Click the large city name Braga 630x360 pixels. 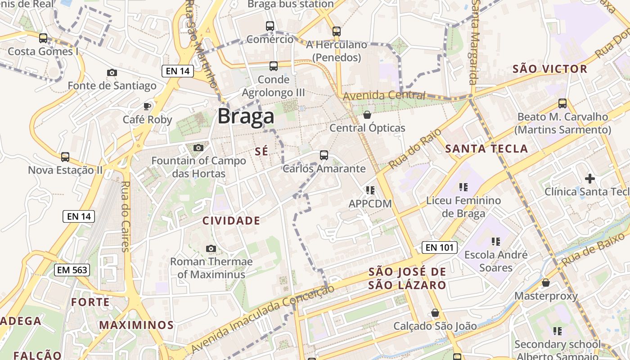pyautogui.click(x=246, y=117)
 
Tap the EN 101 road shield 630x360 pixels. pyautogui.click(x=440, y=247)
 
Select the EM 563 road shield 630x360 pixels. pyautogui.click(x=72, y=270)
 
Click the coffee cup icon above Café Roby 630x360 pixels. pyautogui.click(x=147, y=106)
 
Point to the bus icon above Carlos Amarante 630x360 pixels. pyautogui.click(x=324, y=155)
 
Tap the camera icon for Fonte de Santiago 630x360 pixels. pyautogui.click(x=112, y=72)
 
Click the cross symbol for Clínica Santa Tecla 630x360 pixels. pyautogui.click(x=589, y=179)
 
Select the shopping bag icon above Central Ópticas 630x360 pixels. pyautogui.click(x=367, y=115)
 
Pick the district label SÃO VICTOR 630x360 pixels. pyautogui.click(x=550, y=69)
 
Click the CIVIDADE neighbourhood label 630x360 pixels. pyautogui.click(x=231, y=220)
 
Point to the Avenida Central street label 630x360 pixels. pyautogui.click(x=384, y=95)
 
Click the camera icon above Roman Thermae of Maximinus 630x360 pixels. pyautogui.click(x=211, y=248)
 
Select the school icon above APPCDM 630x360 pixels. pyautogui.click(x=370, y=190)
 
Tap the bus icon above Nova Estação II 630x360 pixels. pyautogui.click(x=65, y=157)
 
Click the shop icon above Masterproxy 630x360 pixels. pyautogui.click(x=546, y=283)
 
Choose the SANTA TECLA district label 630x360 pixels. pyautogui.click(x=486, y=149)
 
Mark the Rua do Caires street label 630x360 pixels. pyautogui.click(x=126, y=216)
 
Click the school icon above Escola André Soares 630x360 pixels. pyautogui.click(x=495, y=242)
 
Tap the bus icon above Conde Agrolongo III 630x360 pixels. pyautogui.click(x=273, y=66)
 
